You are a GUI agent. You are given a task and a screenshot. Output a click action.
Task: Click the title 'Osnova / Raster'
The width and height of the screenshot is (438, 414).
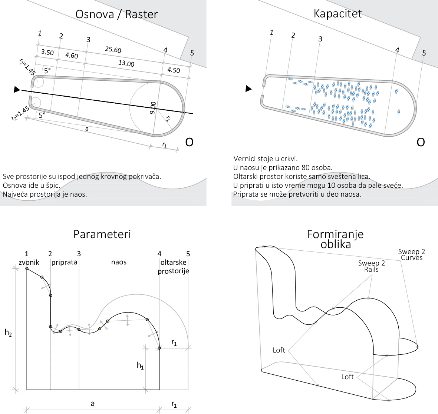click(116, 14)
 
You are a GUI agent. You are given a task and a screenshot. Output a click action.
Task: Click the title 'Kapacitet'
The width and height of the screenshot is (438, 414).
click(337, 13)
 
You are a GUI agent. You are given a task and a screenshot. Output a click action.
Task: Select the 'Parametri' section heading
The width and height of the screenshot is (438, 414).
click(102, 234)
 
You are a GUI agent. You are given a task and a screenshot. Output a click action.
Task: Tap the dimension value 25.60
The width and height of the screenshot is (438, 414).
click(113, 49)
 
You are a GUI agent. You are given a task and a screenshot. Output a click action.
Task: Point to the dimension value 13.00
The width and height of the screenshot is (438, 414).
click(126, 63)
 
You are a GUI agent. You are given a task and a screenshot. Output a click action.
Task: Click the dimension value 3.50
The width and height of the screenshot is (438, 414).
click(47, 52)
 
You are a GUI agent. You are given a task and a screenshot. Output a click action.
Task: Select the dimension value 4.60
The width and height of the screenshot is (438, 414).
click(72, 56)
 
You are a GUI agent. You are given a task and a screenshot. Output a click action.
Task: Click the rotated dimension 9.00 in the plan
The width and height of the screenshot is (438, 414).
click(153, 108)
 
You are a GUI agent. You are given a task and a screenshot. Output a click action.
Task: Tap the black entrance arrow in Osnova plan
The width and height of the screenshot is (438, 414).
click(17, 89)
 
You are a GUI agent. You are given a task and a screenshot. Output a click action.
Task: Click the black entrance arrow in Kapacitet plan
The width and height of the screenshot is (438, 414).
click(248, 89)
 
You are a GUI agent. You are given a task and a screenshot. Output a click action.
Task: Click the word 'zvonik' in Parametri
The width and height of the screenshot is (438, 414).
click(29, 262)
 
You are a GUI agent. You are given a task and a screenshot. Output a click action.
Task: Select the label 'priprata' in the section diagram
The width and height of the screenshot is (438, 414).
click(64, 262)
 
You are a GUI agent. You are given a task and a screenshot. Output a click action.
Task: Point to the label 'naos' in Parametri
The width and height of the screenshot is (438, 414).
click(119, 262)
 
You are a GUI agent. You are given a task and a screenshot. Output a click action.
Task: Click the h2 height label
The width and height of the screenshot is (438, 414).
click(8, 333)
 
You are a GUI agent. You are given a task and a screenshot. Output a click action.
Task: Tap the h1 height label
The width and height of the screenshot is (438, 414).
click(140, 366)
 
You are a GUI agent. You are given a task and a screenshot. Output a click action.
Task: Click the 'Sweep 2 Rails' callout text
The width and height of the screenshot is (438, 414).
click(371, 266)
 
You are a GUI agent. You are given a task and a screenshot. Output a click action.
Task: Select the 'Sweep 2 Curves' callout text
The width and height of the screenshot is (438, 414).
click(412, 254)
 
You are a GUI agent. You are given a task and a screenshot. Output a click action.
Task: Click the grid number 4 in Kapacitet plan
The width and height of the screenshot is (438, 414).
click(397, 50)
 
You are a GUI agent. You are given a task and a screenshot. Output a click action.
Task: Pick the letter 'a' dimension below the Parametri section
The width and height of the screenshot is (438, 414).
click(92, 403)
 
